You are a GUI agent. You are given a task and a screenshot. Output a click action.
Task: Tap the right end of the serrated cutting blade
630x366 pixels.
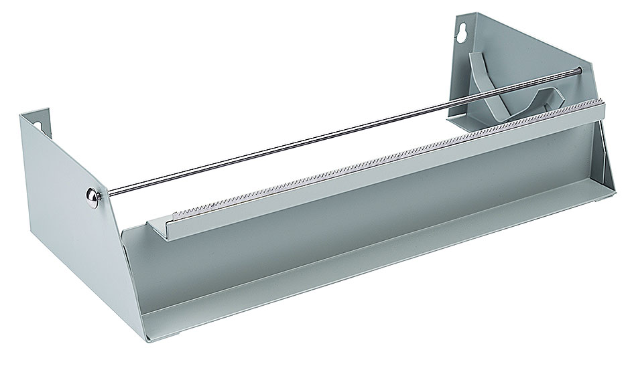point(598,102)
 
